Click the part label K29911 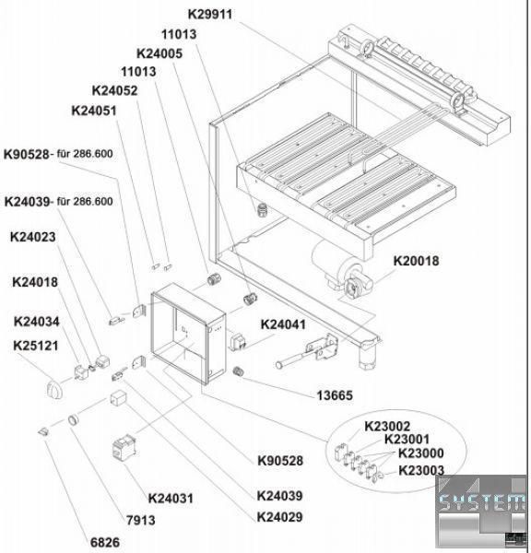210,15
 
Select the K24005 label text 159,53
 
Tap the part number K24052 114,90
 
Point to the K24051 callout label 94,111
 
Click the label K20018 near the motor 417,261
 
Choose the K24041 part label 283,324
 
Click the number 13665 335,395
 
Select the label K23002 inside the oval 387,427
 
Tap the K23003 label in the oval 421,470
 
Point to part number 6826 105,543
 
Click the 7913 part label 141,520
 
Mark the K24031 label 171,499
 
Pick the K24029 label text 280,517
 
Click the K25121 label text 36,346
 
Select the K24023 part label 33,237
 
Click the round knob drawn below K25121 55,390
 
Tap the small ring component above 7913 74,420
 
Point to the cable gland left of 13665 239,371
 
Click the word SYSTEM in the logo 481,500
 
